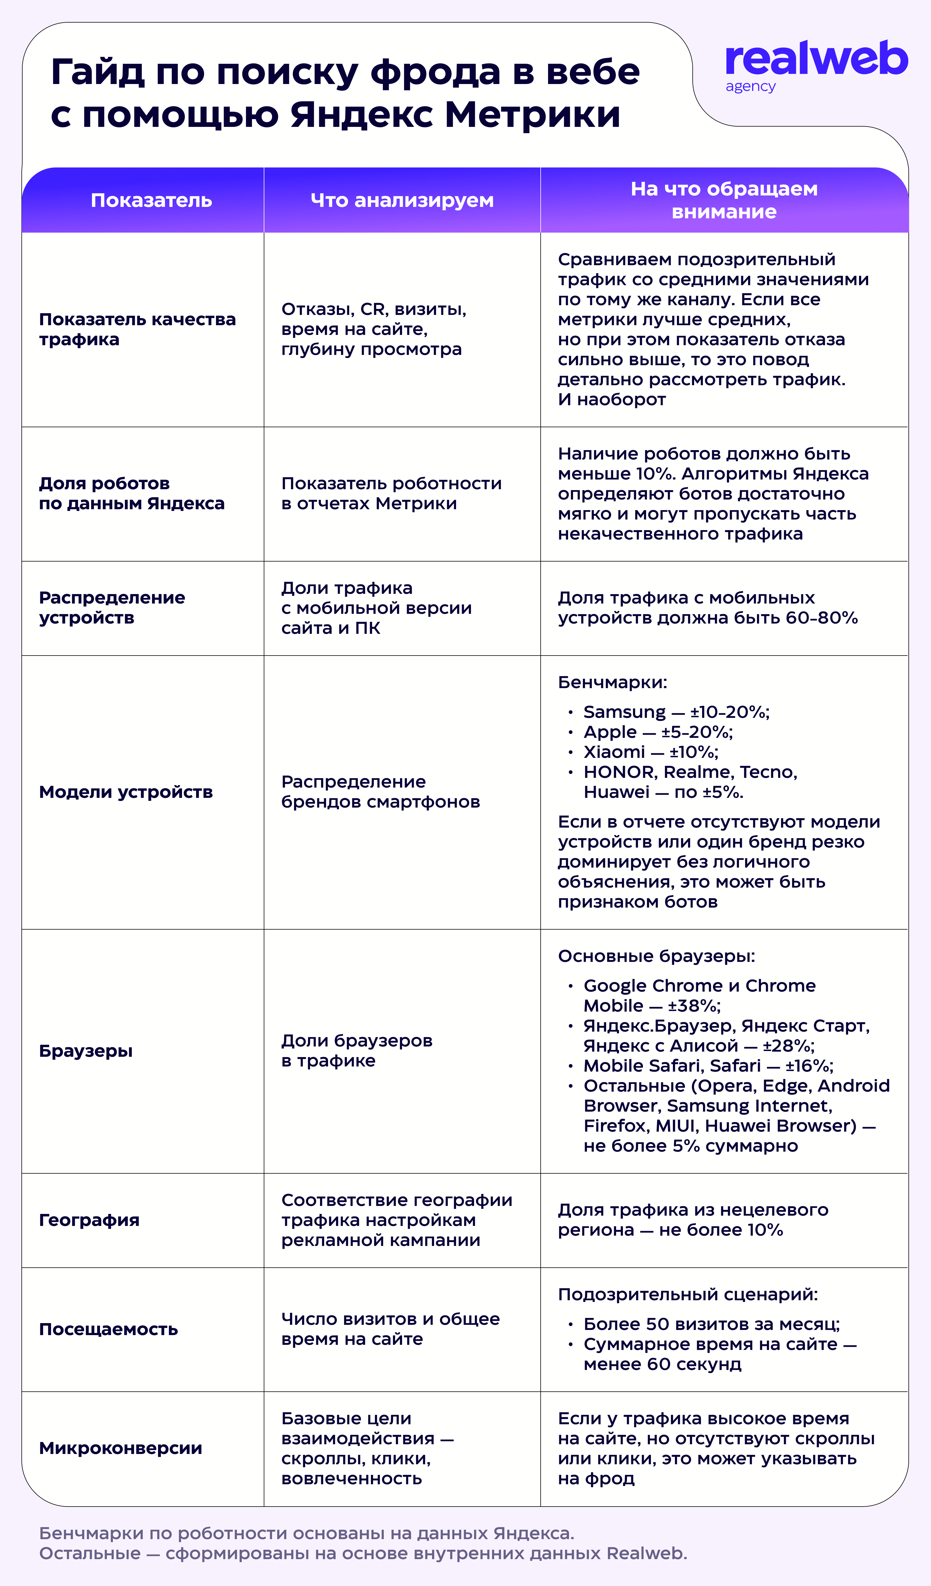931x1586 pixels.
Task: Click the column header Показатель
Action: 151,200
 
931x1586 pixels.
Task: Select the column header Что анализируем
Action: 401,200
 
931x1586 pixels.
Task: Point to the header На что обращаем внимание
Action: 724,200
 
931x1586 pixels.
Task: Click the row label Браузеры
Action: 86,1051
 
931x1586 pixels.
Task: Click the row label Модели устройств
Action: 126,792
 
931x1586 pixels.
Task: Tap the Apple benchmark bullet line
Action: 658,732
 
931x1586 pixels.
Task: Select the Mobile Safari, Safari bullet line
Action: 708,1066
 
